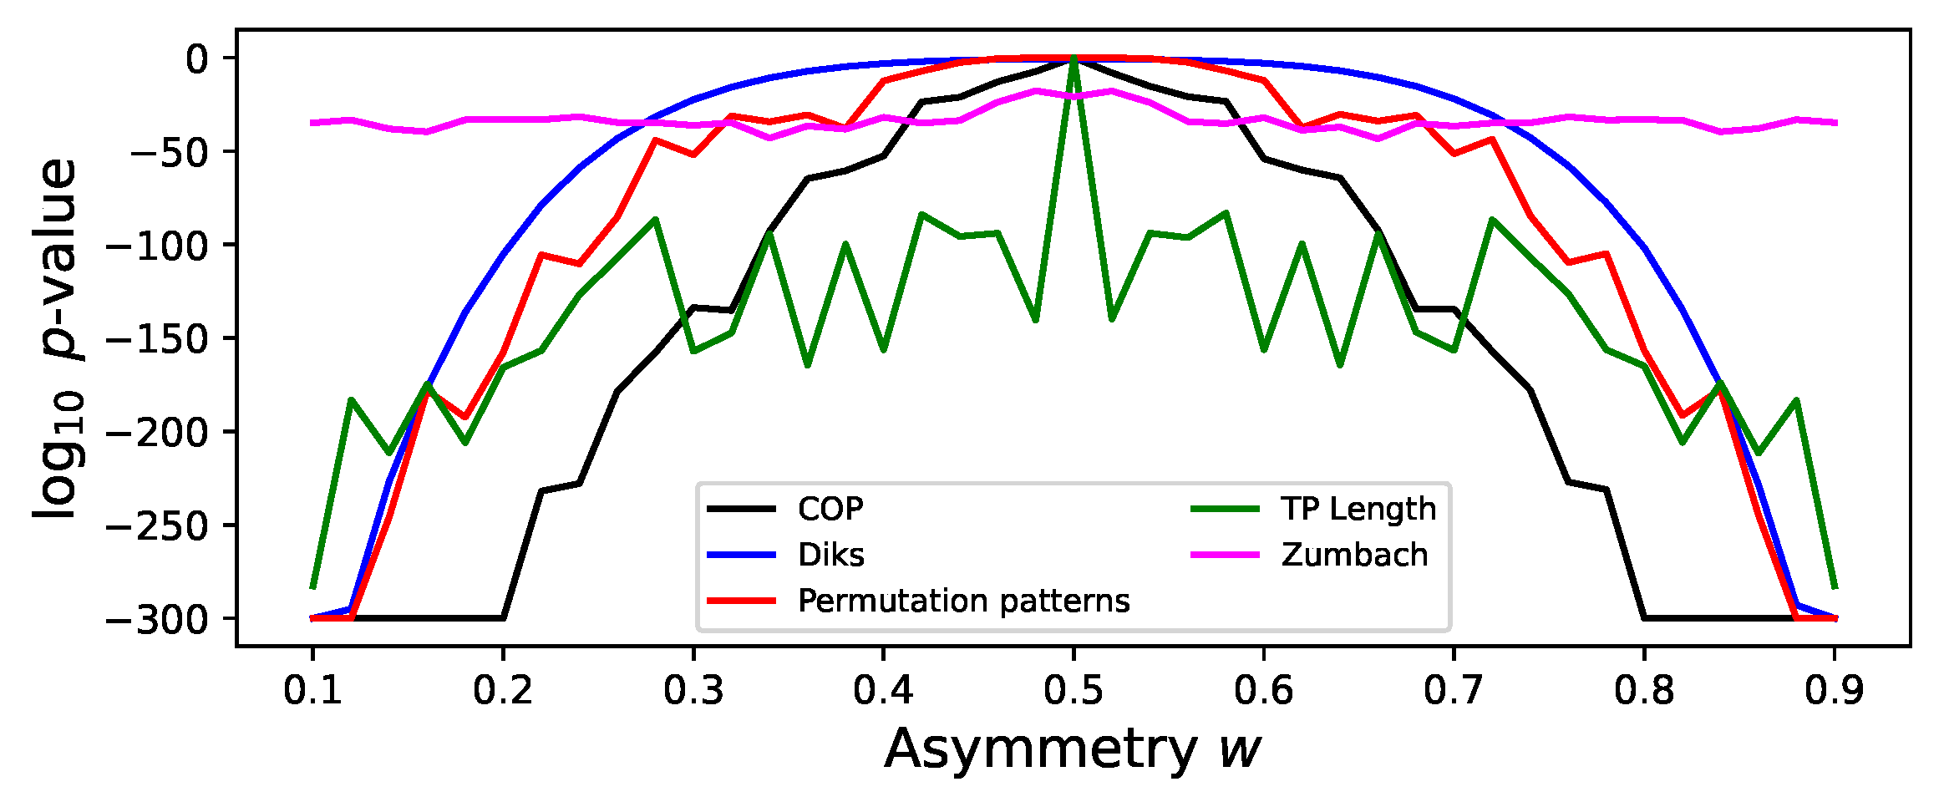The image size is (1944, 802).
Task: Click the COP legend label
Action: coord(830,509)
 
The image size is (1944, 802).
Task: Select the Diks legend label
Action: coord(830,555)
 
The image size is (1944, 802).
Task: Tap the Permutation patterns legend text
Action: coord(963,601)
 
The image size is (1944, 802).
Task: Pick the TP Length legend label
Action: coord(1358,509)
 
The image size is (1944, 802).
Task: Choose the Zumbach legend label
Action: coord(1354,555)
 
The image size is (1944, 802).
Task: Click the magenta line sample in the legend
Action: coord(1225,555)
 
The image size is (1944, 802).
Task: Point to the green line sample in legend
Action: coord(1225,509)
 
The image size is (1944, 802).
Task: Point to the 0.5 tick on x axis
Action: coord(1074,690)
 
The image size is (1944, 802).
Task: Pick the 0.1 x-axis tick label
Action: coord(312,690)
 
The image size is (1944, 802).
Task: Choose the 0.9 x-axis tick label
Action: coord(1834,690)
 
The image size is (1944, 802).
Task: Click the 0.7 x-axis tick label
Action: coord(1454,690)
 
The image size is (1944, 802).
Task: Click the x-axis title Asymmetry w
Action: coord(1073,749)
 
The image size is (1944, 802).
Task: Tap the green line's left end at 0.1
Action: coord(312,587)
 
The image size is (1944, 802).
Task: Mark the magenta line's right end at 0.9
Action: coord(1835,123)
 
